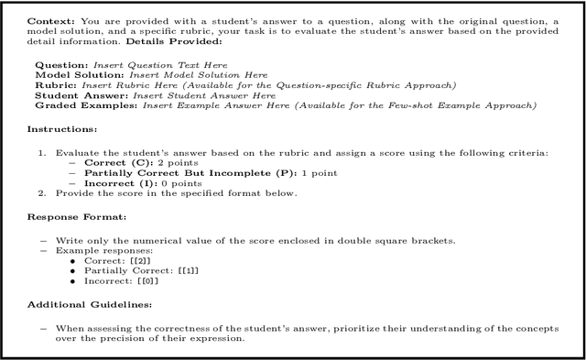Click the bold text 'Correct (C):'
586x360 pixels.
tap(113, 162)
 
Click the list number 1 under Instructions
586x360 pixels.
tap(42, 152)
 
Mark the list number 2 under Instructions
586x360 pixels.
tap(42, 192)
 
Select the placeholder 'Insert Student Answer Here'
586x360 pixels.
tap(204, 95)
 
